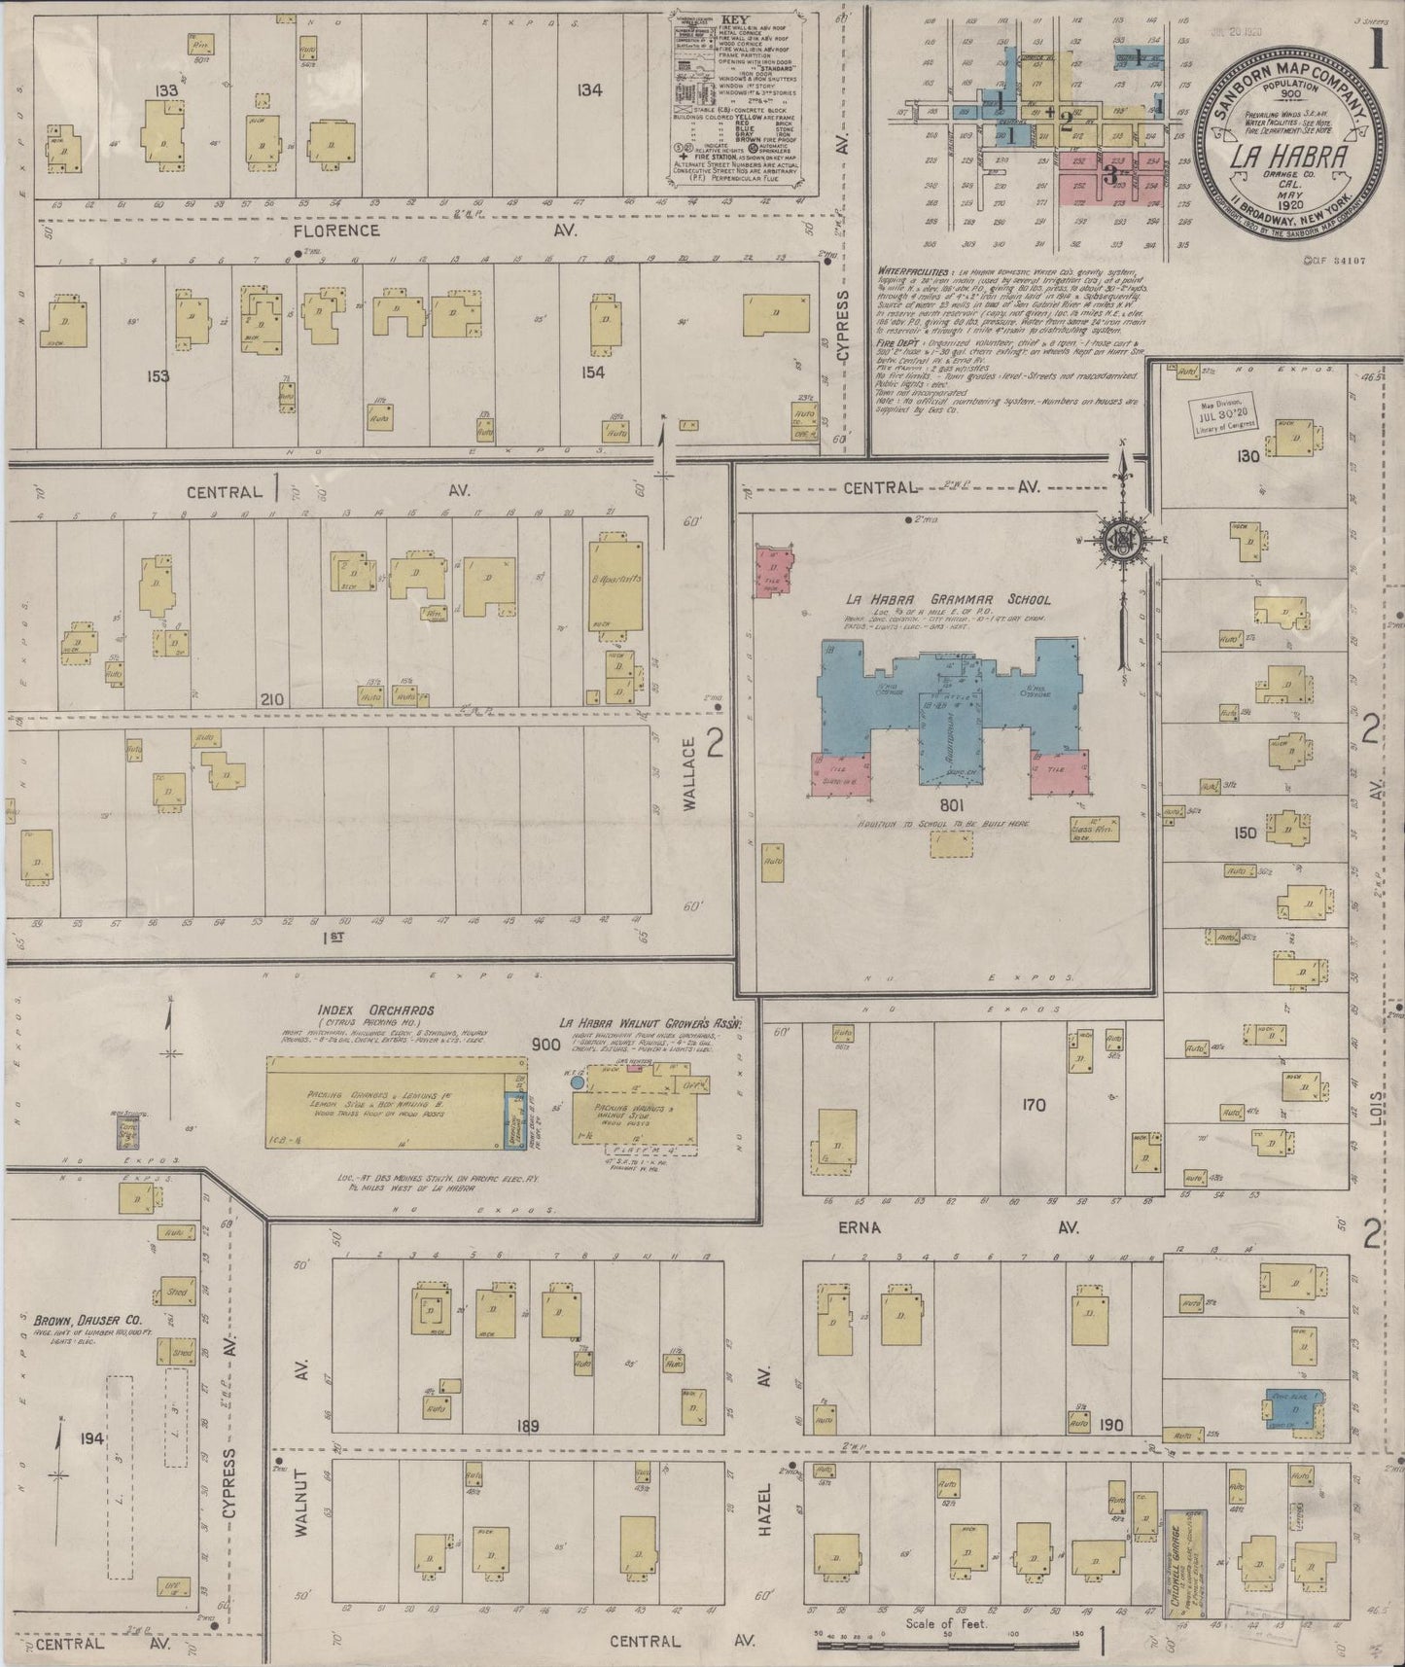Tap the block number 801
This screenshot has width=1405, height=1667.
(x=951, y=806)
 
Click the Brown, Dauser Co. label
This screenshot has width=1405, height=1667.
(x=88, y=1321)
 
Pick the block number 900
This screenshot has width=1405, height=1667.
(x=547, y=1046)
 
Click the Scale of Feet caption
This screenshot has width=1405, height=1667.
(x=945, y=1623)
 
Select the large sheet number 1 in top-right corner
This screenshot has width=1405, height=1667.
(x=1378, y=54)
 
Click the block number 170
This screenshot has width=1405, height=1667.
(x=1033, y=1105)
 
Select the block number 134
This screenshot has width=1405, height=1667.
(x=588, y=90)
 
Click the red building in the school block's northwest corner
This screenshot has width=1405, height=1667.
(x=774, y=570)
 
